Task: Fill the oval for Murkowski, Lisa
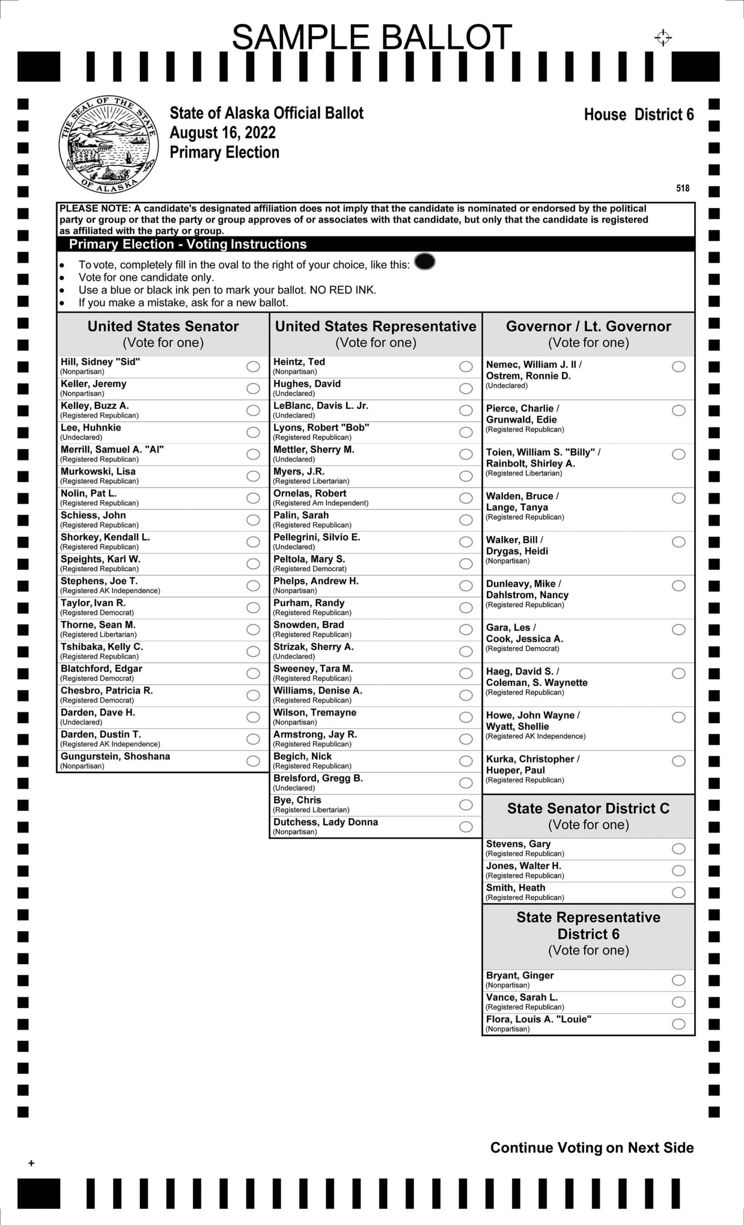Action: coord(253,476)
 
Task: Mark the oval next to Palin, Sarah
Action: coord(466,520)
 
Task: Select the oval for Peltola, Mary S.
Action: coord(466,564)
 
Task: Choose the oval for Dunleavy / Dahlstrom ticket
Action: coord(678,586)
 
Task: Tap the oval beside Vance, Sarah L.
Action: coord(678,1002)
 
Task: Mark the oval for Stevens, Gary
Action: coord(678,849)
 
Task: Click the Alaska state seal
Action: coord(108,144)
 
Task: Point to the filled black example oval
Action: coord(425,261)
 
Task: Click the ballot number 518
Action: coord(683,188)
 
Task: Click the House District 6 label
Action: coord(639,114)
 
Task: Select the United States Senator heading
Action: coord(163,326)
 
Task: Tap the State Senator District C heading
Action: coord(588,808)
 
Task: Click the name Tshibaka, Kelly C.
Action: coord(102,647)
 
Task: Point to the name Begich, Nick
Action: coord(303,756)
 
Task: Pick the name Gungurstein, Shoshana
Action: coord(115,756)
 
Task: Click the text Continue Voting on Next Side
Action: coord(592,1147)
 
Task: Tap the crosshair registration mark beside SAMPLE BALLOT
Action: coord(663,37)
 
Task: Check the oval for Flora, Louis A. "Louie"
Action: coord(678,1024)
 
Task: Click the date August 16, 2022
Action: coord(223,133)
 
